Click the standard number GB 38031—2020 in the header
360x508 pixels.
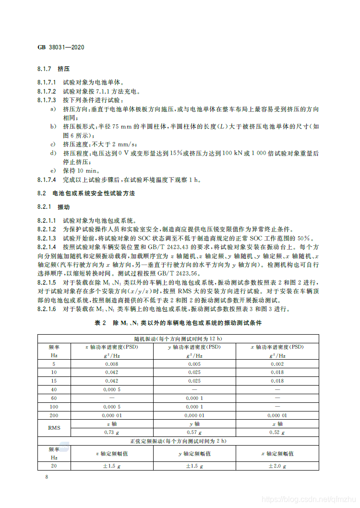click(60, 48)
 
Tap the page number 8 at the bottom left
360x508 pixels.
click(46, 477)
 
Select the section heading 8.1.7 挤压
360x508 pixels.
click(54, 69)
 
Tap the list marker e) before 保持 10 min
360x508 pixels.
click(53, 170)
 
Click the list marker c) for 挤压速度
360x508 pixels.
click(53, 144)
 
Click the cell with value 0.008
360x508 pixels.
click(111, 364)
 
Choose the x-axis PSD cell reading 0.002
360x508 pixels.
click(277, 364)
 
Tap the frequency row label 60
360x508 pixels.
click(54, 398)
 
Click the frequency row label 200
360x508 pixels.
click(54, 415)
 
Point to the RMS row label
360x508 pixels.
click(54, 428)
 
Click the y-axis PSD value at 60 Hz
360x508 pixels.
click(194, 398)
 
